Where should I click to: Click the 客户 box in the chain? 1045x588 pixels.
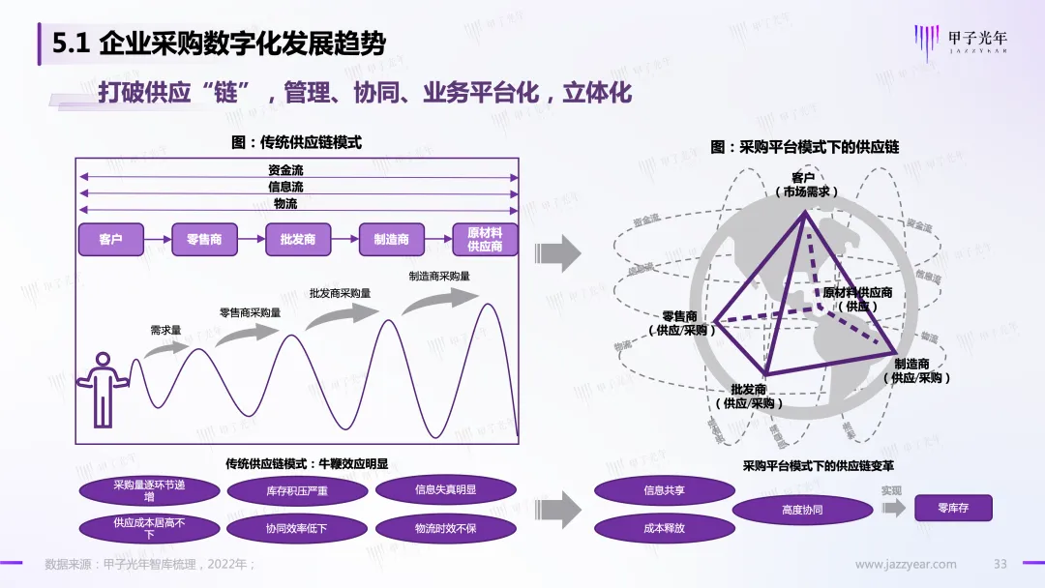[x=110, y=239]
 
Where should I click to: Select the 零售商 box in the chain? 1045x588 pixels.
[x=203, y=239]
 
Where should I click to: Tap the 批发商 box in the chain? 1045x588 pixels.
[x=298, y=239]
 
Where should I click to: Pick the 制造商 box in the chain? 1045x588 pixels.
[x=391, y=239]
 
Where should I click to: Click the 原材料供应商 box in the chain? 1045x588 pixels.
[x=485, y=239]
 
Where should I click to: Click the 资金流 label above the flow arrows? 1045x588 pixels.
[x=285, y=170]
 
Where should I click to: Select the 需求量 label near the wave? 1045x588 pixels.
[x=165, y=330]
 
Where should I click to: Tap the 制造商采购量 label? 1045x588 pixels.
[x=439, y=276]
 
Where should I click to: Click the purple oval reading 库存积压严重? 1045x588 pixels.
[x=297, y=491]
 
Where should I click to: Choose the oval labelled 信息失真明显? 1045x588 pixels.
[x=445, y=489]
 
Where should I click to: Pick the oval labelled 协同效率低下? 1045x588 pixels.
[x=297, y=528]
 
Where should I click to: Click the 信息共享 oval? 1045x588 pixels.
[x=664, y=490]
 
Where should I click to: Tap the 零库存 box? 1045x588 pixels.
[x=953, y=508]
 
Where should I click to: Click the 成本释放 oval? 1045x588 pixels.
[x=664, y=528]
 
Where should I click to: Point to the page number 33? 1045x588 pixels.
[x=1000, y=564]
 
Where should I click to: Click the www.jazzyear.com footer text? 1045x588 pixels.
[x=906, y=564]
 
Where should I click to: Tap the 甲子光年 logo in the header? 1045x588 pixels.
[x=961, y=42]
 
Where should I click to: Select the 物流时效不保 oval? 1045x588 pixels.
[x=445, y=528]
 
